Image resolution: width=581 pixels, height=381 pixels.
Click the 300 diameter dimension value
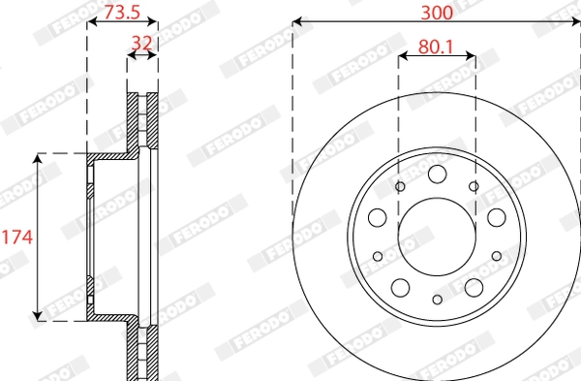[437, 13]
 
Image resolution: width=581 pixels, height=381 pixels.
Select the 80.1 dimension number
[436, 48]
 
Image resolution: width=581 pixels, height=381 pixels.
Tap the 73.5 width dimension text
[122, 13]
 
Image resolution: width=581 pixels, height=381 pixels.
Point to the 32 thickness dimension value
[142, 44]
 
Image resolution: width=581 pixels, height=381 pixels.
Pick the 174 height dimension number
[17, 238]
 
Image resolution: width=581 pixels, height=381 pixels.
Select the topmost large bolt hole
[438, 174]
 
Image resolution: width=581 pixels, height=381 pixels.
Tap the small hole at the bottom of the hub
[438, 300]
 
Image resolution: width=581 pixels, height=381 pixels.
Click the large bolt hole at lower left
[401, 288]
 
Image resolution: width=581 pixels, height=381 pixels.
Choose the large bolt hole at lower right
[474, 288]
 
